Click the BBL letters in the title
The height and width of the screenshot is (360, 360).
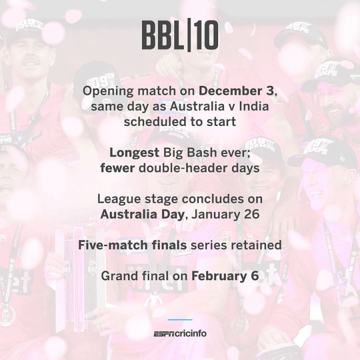163,35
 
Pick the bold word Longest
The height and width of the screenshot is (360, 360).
134,153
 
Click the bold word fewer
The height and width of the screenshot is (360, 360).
117,168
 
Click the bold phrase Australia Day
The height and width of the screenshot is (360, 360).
142,214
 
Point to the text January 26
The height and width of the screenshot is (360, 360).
225,214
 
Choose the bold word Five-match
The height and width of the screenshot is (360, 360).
112,245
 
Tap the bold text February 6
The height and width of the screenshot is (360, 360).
225,276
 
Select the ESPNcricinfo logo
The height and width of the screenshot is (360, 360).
180,333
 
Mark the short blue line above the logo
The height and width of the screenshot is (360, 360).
180,319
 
